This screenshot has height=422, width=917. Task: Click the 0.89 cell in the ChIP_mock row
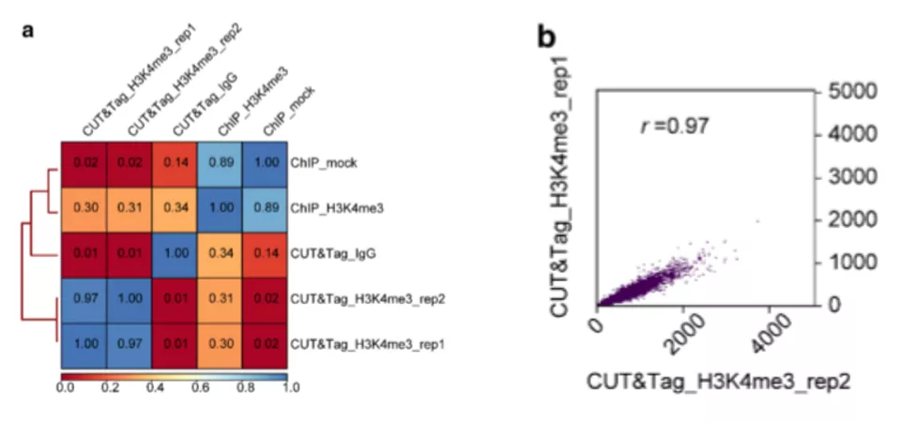point(220,164)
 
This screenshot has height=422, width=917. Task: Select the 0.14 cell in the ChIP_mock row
point(175,164)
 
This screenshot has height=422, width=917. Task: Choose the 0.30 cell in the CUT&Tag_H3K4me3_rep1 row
point(220,344)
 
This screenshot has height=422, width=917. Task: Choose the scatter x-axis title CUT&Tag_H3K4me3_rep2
point(718,382)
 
